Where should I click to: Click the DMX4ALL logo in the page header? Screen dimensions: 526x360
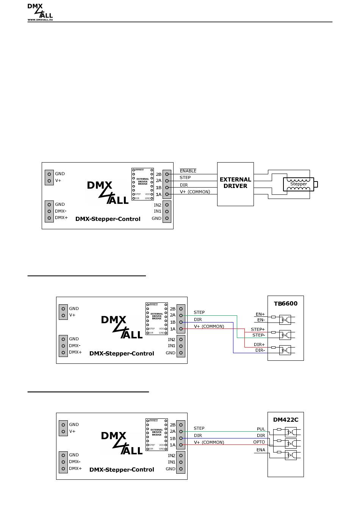40,12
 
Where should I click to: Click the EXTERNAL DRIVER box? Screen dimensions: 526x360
235,184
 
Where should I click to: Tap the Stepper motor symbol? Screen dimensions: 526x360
299,184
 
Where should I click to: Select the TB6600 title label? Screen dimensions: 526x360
286,304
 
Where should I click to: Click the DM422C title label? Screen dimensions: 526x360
286,420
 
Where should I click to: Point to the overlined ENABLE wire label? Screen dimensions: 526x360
188,171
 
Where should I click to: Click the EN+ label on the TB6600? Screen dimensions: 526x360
260,314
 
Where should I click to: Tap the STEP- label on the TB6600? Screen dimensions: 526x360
258,335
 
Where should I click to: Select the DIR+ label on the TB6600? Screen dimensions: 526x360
259,344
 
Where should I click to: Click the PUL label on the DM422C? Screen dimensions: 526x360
261,429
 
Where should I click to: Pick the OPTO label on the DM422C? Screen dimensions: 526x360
259,442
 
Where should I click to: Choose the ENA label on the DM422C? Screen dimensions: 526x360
261,450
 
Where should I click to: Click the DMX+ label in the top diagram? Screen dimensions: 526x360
61,218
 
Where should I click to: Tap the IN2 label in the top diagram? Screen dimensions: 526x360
158,205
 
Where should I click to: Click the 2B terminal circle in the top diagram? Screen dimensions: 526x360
167,174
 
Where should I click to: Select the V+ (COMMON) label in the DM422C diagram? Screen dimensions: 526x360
209,442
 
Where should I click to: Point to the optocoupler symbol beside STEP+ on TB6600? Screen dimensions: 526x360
285,335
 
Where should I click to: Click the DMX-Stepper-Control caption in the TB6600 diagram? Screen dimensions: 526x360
122,354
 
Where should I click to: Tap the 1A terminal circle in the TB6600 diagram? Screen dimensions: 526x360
181,329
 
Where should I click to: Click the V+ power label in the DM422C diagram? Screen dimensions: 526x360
72,431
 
